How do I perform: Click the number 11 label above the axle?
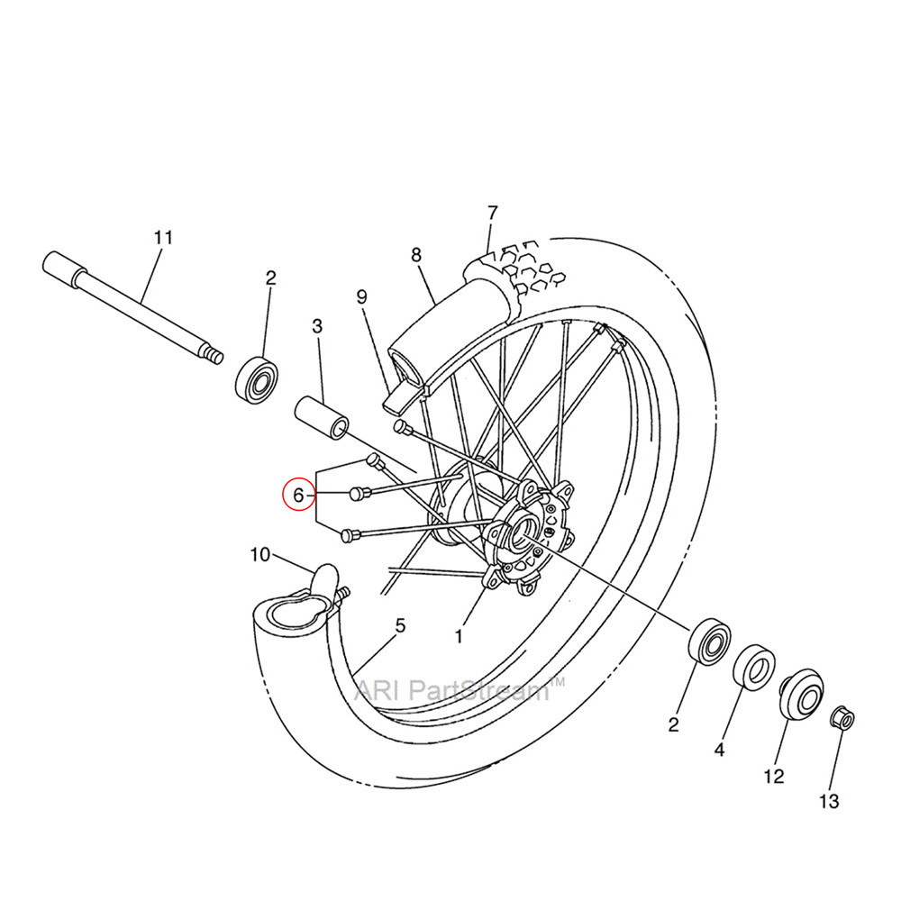coord(162,238)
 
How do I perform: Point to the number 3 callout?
coord(317,326)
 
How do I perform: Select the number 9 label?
coord(361,296)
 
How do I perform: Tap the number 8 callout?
coord(415,255)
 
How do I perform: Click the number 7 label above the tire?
coord(492,213)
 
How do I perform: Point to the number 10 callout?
coord(259,554)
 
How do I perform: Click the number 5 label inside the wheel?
coord(400,624)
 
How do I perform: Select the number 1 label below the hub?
coord(458,636)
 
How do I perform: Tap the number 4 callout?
coord(719,749)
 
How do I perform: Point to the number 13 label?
coord(829,800)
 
